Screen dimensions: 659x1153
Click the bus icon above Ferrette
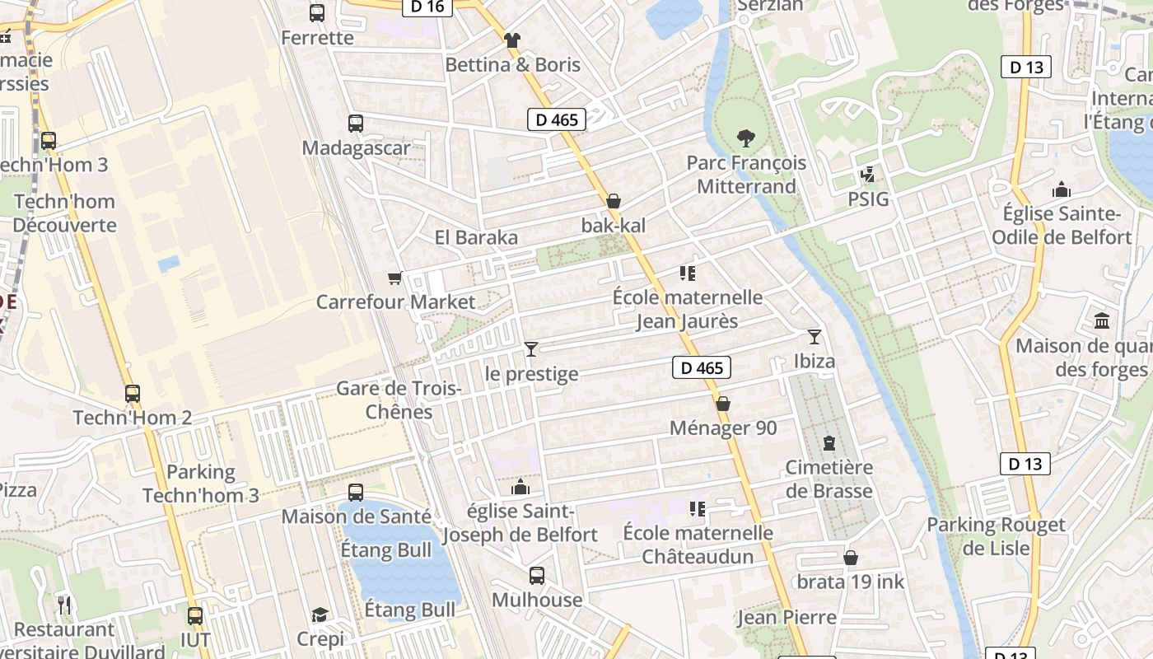(317, 12)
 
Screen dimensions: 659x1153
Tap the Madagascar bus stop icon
(356, 124)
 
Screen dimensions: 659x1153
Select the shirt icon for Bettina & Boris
(512, 40)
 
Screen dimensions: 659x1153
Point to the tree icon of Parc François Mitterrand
(746, 138)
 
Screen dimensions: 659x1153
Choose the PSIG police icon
(867, 175)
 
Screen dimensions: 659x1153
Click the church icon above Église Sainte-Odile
(1062, 189)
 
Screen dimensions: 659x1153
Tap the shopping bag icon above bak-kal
(614, 201)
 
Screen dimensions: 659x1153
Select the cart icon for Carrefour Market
(395, 278)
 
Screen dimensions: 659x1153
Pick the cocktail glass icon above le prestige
(531, 349)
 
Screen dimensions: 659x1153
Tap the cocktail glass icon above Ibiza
(815, 336)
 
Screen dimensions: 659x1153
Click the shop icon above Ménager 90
(723, 404)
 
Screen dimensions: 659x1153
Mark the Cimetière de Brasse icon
(829, 443)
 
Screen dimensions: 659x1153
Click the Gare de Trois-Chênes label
(399, 400)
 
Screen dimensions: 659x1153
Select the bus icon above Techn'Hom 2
(133, 394)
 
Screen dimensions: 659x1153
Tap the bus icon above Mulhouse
(537, 575)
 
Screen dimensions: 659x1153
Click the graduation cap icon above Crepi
(320, 615)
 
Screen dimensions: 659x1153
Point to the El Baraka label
(476, 238)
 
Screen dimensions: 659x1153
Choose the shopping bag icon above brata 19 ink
(851, 558)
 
